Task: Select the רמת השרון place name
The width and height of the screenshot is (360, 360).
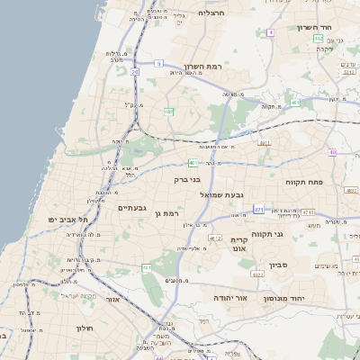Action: click(203, 67)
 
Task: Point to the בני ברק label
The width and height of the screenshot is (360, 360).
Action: click(162, 179)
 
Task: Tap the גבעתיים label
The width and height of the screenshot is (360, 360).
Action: click(132, 207)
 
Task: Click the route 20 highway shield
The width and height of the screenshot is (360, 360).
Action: click(134, 71)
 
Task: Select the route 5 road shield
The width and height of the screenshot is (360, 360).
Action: click(157, 63)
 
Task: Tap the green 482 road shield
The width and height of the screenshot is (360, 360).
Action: click(168, 112)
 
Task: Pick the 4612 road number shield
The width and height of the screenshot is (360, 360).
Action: click(214, 238)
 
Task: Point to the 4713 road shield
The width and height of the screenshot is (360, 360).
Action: click(308, 211)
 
